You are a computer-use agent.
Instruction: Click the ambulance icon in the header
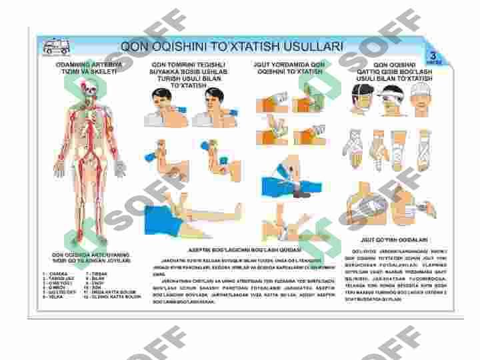[x=57, y=47]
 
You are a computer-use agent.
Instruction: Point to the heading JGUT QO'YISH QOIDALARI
[x=394, y=239]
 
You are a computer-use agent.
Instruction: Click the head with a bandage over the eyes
[x=391, y=99]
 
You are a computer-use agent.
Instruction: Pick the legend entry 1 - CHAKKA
[x=52, y=273]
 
